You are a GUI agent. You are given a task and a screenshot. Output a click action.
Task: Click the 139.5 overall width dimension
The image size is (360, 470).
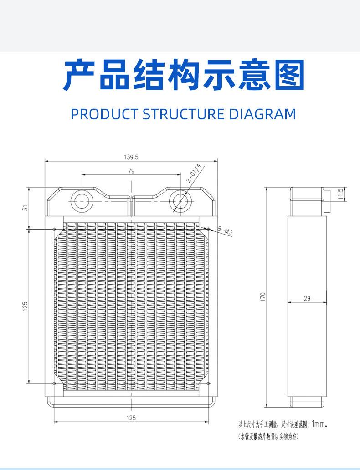[x=131, y=158]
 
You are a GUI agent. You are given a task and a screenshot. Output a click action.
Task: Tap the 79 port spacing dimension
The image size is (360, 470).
[x=131, y=171]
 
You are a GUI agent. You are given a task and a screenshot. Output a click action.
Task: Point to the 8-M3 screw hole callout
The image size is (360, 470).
[x=225, y=230]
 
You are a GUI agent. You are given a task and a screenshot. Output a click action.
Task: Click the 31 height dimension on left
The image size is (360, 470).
[x=25, y=207]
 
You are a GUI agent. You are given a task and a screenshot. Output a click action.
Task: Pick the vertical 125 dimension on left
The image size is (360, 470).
[x=25, y=306]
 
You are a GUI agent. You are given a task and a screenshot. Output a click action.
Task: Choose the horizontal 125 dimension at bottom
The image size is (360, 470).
[x=131, y=418]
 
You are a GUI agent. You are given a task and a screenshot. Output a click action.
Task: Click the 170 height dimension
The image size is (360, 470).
[x=263, y=297]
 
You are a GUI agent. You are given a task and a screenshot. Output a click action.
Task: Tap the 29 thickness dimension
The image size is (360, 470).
[x=307, y=298]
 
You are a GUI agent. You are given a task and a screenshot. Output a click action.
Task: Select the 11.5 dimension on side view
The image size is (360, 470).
[x=340, y=194]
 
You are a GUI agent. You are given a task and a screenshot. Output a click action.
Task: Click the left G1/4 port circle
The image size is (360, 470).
[x=82, y=201]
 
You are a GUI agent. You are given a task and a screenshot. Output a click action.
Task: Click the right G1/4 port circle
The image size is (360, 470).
[x=180, y=201]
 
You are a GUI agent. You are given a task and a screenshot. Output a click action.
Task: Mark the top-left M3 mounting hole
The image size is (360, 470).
[x=54, y=229]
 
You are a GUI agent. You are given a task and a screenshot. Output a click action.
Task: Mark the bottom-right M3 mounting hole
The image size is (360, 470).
[x=208, y=383]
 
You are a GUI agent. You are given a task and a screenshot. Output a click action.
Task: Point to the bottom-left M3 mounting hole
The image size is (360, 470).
[x=54, y=383]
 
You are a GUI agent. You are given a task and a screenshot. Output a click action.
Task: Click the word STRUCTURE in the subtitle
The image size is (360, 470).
[x=183, y=114]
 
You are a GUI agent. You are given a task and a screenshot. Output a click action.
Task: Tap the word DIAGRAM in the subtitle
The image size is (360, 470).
[x=262, y=114]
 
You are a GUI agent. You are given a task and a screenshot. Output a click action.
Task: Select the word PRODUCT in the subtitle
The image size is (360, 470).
[x=104, y=114]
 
